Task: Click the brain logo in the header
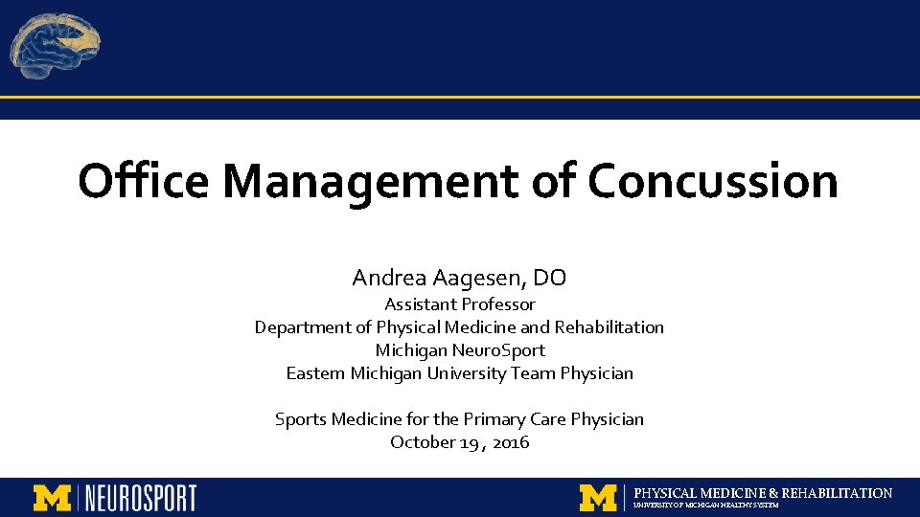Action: click(x=56, y=46)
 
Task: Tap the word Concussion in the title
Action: click(x=713, y=180)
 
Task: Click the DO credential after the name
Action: click(x=549, y=279)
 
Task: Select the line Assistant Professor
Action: click(x=460, y=304)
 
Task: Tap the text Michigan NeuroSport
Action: click(x=460, y=350)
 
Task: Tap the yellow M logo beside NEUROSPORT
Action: click(x=53, y=498)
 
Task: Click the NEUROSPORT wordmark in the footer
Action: click(x=141, y=498)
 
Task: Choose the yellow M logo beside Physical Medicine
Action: click(x=598, y=498)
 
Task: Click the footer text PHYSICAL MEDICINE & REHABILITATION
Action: click(x=763, y=493)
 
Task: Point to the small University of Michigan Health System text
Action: click(x=706, y=506)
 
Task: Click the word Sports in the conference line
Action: click(x=301, y=419)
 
